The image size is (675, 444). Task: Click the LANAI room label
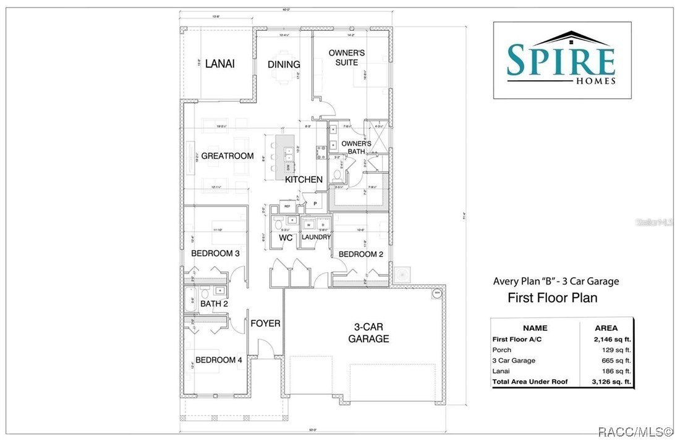[x=219, y=63]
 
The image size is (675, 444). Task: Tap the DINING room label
[x=284, y=64]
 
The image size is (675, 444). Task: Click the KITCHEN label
[x=304, y=180]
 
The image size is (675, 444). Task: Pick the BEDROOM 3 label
[x=215, y=253]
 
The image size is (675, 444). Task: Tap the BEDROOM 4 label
[x=218, y=360]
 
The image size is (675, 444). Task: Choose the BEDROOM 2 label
[x=357, y=254]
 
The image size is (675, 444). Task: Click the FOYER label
[x=265, y=323]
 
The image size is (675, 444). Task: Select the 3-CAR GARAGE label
[x=368, y=332]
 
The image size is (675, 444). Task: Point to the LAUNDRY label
[x=316, y=237]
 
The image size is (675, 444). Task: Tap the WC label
[x=286, y=237]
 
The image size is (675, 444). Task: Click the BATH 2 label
[x=214, y=303]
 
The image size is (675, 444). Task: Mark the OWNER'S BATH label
[x=356, y=148]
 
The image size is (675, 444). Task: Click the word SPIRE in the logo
[x=561, y=60]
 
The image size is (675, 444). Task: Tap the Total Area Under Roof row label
[x=529, y=382]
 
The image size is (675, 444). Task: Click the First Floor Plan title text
[x=552, y=298]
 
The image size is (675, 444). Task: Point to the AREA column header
[x=606, y=328]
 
